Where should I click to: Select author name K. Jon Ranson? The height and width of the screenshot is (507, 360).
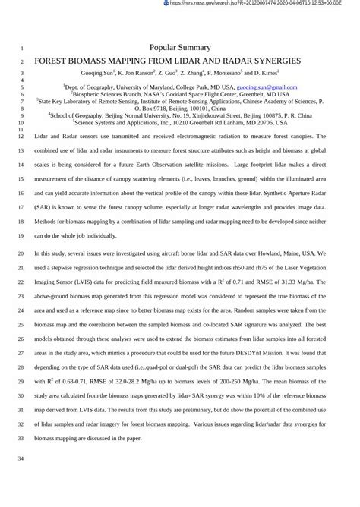click(130, 74)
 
